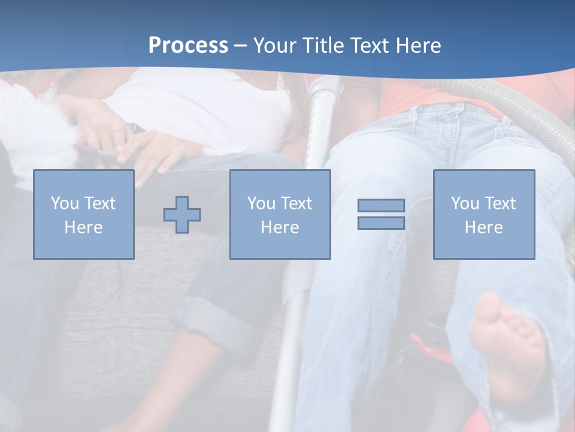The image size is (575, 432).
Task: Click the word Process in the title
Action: click(x=188, y=46)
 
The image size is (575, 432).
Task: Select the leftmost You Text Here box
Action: click(x=83, y=214)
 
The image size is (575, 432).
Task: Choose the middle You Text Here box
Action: click(x=280, y=214)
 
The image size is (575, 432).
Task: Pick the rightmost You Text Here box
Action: click(x=483, y=214)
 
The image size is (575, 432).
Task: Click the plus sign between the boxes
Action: click(x=182, y=215)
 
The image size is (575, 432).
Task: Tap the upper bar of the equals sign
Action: click(x=381, y=205)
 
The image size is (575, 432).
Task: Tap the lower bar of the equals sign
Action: click(x=381, y=223)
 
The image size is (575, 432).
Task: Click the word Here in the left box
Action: click(x=83, y=227)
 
